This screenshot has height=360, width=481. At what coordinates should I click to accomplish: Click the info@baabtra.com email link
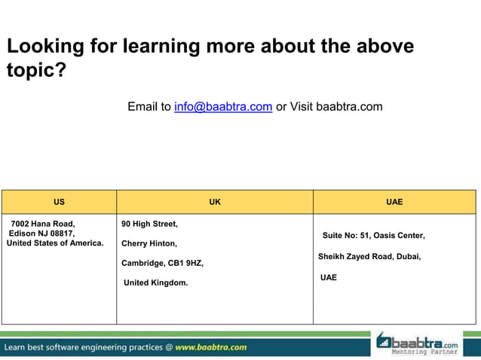[x=222, y=107]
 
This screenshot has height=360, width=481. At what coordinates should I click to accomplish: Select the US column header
[x=59, y=202]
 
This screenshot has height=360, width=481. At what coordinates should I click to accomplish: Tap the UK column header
[x=215, y=202]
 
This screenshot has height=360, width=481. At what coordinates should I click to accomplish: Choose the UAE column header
[x=394, y=202]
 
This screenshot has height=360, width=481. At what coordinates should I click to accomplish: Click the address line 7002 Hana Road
[x=43, y=224]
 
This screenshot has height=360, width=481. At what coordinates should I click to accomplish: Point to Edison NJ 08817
[x=42, y=233]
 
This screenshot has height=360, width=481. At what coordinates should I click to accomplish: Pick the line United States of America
[x=55, y=243]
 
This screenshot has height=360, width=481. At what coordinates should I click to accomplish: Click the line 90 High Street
[x=149, y=224]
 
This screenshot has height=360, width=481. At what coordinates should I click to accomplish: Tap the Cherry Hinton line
[x=149, y=244]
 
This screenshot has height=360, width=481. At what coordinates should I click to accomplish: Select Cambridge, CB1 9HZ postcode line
[x=162, y=264]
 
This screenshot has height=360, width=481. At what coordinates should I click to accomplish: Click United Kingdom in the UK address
[x=156, y=283]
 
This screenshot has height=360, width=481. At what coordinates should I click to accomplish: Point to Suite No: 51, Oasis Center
[x=373, y=236]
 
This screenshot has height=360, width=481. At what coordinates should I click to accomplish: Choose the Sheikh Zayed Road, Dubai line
[x=369, y=257]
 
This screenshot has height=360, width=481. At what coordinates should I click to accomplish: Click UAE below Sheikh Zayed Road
[x=329, y=278]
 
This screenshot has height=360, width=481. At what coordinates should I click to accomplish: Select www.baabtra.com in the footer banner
[x=211, y=347]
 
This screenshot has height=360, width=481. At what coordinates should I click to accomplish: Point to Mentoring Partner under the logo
[x=424, y=352]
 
